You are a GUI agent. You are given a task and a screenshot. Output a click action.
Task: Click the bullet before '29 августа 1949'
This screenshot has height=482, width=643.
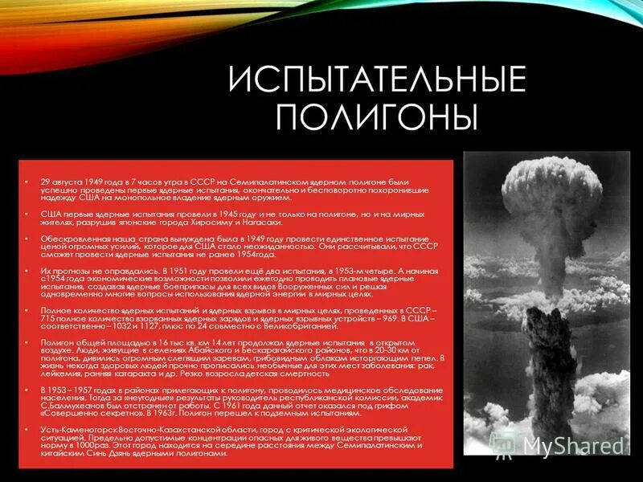[27, 183]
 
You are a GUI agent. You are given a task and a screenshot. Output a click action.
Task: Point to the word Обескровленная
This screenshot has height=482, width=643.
[69, 239]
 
